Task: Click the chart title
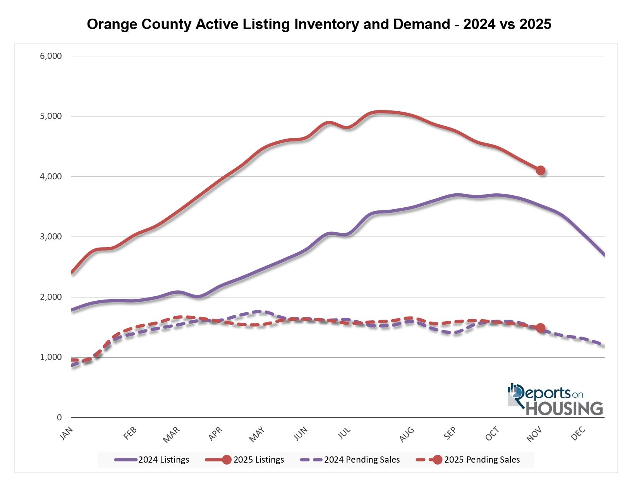point(319,24)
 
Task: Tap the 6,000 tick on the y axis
point(51,56)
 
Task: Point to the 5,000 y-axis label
point(51,116)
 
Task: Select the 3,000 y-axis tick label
point(51,237)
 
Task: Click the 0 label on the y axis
point(59,417)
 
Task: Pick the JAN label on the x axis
point(66,434)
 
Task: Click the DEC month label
point(578,434)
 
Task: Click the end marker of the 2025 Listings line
point(541,170)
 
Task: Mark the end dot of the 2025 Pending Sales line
point(541,328)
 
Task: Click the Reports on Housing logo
point(555,400)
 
